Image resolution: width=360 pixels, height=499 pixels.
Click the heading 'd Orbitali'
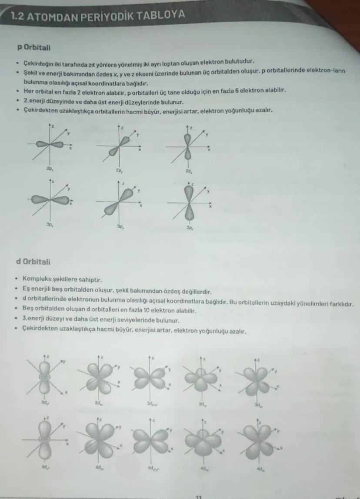pyautogui.click(x=33, y=262)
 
